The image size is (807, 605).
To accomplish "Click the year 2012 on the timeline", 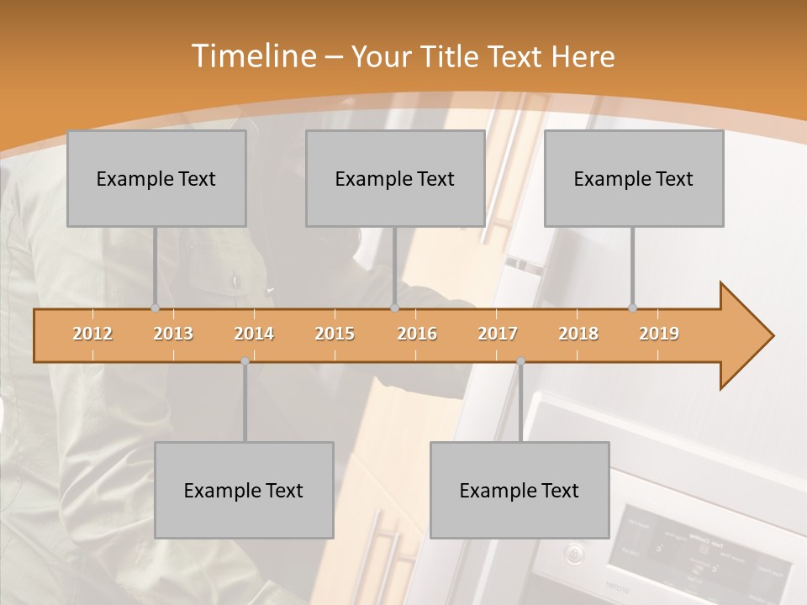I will coord(92,334).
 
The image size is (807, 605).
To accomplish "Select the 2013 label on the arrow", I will coord(173,334).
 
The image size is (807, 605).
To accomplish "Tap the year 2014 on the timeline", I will coord(254,334).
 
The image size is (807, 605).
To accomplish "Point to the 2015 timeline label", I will coord(335,334).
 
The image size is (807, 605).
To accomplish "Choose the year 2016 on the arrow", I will coord(417,334).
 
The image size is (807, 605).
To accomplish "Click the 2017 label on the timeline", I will coord(498,334).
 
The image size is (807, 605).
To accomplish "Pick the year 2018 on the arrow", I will coord(578,334).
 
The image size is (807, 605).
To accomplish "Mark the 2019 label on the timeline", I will coord(659,334).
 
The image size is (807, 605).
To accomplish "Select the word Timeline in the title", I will coord(252,56).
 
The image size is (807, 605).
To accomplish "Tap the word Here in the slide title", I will coord(583,56).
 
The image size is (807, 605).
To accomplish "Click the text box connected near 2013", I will coord(156,178).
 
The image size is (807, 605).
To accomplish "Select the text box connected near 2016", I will coord(395,178).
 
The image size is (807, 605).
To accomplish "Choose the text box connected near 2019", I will coord(634,178).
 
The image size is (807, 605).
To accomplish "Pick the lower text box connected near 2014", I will coord(244,490).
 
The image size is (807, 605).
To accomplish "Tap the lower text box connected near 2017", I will coord(520,490).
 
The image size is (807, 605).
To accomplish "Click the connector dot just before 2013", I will coord(155,308).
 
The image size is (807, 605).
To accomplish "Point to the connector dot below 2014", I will coord(245,361).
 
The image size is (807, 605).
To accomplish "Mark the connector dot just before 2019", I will coord(632,308).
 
